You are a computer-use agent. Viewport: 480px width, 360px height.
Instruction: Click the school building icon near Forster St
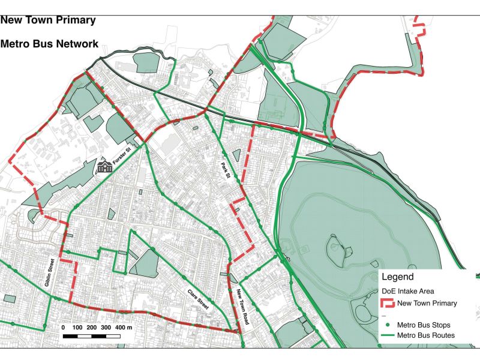click(x=105, y=166)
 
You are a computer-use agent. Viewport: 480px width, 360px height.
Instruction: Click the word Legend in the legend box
click(x=397, y=277)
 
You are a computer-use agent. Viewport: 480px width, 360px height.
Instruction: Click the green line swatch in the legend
click(x=388, y=335)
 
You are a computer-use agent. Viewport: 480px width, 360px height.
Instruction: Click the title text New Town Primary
click(x=48, y=20)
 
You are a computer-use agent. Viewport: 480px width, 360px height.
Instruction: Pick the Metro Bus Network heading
click(x=49, y=44)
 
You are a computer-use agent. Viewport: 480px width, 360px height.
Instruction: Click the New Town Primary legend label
click(x=427, y=304)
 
